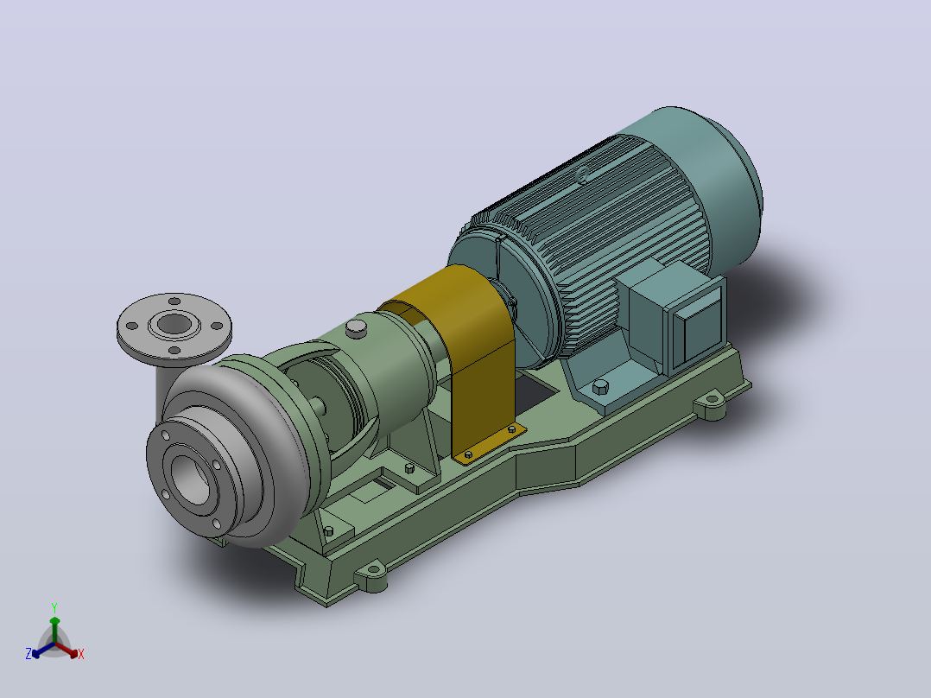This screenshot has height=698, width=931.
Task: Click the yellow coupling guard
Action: [469, 333]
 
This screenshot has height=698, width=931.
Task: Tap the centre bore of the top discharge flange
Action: [174, 324]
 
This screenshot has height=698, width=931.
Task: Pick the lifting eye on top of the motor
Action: [583, 174]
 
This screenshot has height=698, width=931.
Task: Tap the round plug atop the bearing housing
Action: [356, 328]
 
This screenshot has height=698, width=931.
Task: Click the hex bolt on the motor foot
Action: [600, 387]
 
